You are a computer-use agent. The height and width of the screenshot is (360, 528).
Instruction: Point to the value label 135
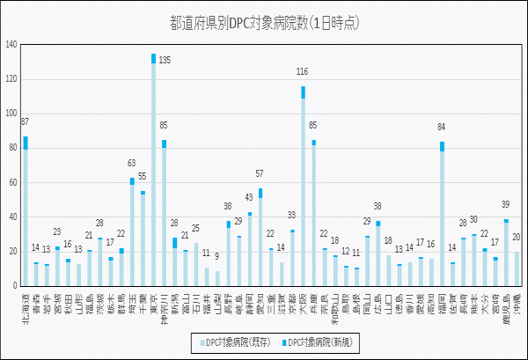165,60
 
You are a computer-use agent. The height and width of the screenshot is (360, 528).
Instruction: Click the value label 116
303,72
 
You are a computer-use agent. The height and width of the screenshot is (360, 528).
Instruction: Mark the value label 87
25,122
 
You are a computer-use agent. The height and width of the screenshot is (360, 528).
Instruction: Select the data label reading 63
132,164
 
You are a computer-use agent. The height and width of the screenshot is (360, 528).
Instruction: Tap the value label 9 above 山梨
217,257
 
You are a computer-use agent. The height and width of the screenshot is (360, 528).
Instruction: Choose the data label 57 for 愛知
260,174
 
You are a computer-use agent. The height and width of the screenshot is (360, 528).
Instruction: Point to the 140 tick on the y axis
11,44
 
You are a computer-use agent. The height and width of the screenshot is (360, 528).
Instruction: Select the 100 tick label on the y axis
11,114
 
